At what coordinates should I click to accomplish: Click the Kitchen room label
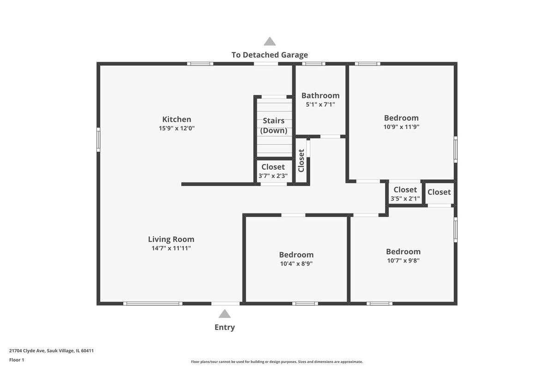point(176,119)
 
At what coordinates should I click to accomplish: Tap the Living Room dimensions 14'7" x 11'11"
point(171,248)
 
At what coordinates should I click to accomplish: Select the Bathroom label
point(320,95)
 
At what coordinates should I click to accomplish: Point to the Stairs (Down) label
point(273,125)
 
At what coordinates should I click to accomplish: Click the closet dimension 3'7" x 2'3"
point(273,176)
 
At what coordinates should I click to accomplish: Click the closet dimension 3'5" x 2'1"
point(405,198)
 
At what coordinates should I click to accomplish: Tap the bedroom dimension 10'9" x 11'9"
point(401,127)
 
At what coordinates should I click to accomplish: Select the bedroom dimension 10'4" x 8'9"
point(296,264)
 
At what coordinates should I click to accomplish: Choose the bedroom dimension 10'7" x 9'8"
point(403,261)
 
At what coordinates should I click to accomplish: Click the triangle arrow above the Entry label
point(224,314)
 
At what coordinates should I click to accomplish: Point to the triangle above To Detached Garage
point(270,41)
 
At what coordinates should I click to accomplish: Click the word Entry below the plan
point(224,327)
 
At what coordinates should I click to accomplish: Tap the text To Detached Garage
point(270,55)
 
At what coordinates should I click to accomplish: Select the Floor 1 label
point(17,360)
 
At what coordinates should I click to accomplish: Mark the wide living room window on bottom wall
point(153,304)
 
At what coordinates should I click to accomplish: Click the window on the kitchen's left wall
point(98,140)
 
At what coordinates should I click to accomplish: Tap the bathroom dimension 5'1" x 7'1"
point(320,105)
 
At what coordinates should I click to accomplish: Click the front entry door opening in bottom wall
point(225,304)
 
